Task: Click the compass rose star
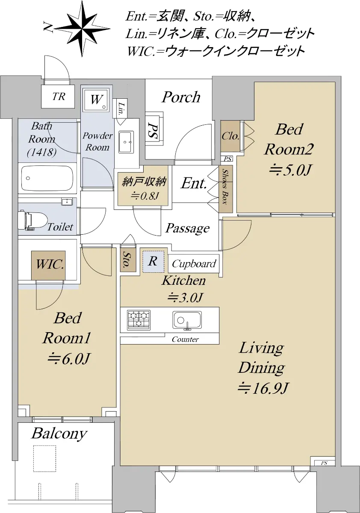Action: point(82,29)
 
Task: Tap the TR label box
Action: point(58,96)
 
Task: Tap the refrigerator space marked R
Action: point(153,262)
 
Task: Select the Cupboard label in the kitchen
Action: point(194,264)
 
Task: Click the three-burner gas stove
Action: point(139,320)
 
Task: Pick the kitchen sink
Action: point(187,320)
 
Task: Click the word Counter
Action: point(185,339)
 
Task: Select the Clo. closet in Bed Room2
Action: point(230,136)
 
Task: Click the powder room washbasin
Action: point(126,142)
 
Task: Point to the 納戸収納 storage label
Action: point(144,182)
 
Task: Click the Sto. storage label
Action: point(127,260)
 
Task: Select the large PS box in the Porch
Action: point(154,129)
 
